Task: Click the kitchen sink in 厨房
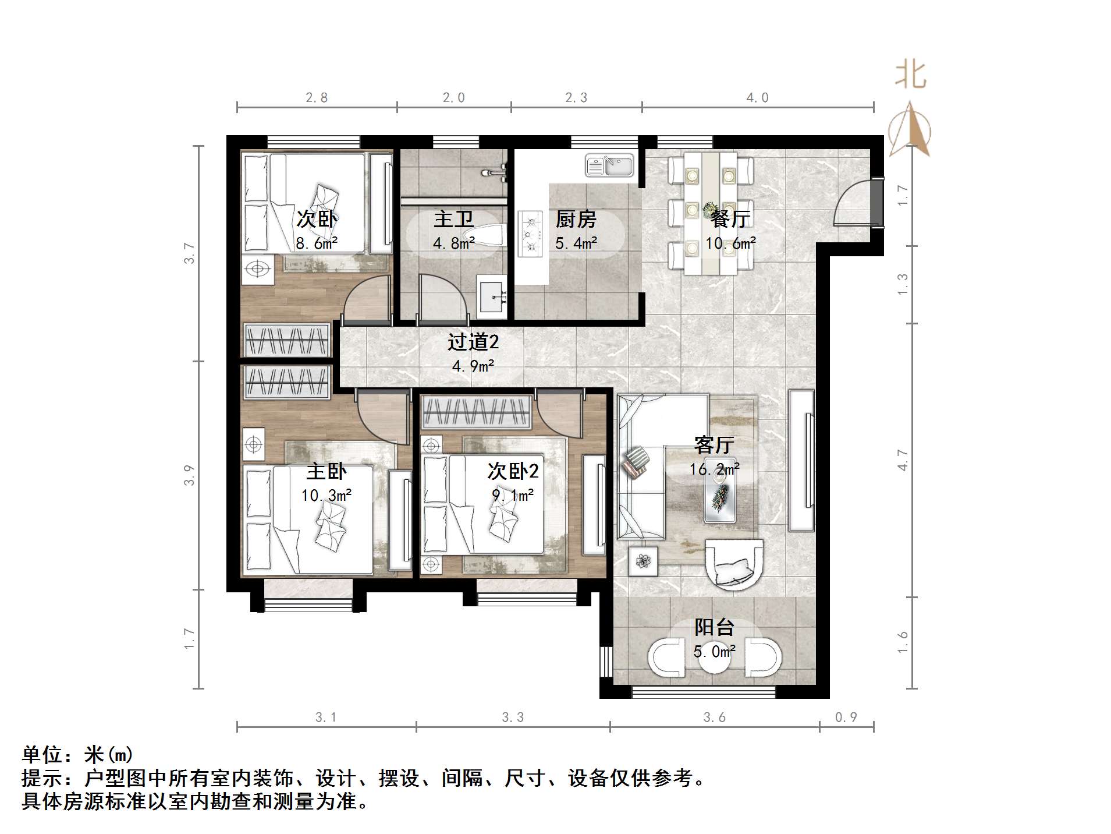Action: point(609,165)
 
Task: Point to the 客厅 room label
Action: point(714,445)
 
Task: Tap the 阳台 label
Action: point(714,627)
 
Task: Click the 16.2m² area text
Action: point(714,469)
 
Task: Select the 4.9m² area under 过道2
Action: point(473,366)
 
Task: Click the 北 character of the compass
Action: point(910,76)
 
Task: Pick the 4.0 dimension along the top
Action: point(757,98)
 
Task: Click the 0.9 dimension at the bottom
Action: point(846,718)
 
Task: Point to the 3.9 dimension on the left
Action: point(189,475)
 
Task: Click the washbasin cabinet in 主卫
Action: point(493,296)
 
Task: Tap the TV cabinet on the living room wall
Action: point(802,460)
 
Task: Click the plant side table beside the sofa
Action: point(643,561)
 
